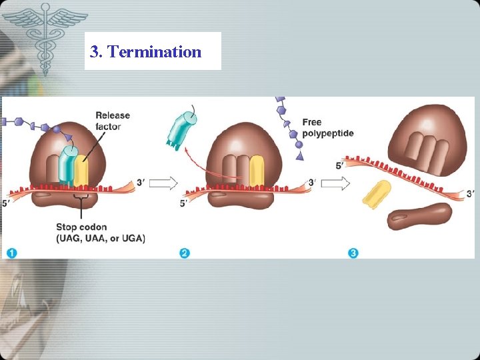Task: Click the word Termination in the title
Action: [x=154, y=51]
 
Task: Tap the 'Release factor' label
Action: [x=113, y=121]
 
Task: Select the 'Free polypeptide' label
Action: [x=327, y=127]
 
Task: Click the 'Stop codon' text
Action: [x=82, y=227]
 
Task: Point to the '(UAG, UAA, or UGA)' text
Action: [x=101, y=238]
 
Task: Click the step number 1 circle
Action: [x=11, y=253]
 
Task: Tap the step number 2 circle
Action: [x=185, y=253]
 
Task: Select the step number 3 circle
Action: [x=353, y=253]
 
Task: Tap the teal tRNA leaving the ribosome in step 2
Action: [x=181, y=129]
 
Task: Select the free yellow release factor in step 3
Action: [x=377, y=193]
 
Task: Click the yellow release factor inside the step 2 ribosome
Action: [x=257, y=171]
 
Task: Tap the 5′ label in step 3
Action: [x=341, y=165]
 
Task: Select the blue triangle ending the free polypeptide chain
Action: [x=299, y=155]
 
